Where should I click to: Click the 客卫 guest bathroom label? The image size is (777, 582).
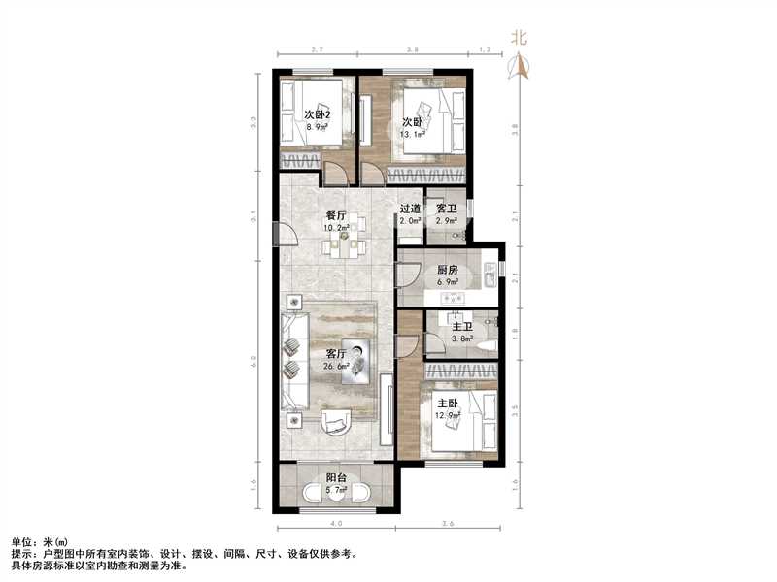point(446,209)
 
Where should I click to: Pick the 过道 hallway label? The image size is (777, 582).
point(409,209)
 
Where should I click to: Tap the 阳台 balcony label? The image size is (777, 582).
point(336,477)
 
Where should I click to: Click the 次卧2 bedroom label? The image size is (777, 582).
point(319,113)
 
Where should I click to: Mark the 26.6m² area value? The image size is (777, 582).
point(335,368)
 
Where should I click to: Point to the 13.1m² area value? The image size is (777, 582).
point(414,135)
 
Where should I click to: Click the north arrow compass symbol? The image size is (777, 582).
point(520,66)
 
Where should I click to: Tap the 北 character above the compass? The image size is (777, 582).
point(520,40)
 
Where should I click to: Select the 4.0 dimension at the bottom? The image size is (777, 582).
point(335,525)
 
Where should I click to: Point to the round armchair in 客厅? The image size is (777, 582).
point(335,421)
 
